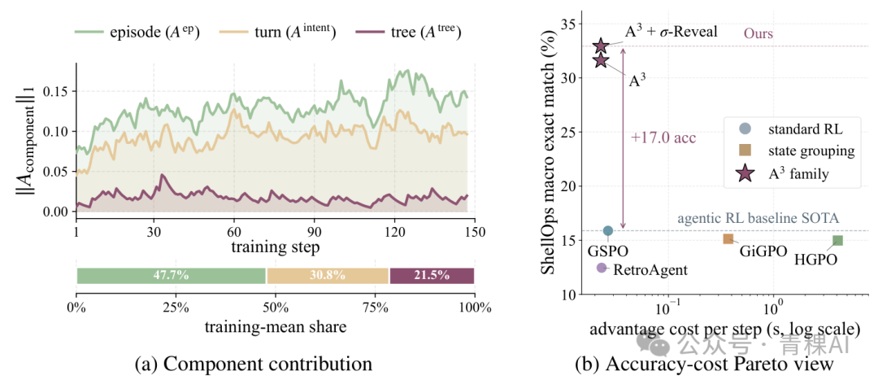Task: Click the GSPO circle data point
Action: pyautogui.click(x=607, y=230)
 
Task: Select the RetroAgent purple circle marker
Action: pyautogui.click(x=602, y=268)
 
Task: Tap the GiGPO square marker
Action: pyautogui.click(x=728, y=238)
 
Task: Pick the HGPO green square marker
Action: pyautogui.click(x=837, y=240)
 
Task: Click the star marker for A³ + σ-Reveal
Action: pyautogui.click(x=601, y=46)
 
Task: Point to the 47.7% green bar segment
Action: pyautogui.click(x=172, y=276)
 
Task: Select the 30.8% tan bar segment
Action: pyautogui.click(x=328, y=276)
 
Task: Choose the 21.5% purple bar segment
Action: pyautogui.click(x=432, y=276)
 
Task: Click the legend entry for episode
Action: pyautogui.click(x=137, y=33)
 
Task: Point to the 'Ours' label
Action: pyautogui.click(x=758, y=33)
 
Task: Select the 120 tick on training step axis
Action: pyautogui.click(x=395, y=231)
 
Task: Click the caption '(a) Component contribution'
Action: pyautogui.click(x=253, y=364)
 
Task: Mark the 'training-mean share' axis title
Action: pyautogui.click(x=275, y=327)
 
